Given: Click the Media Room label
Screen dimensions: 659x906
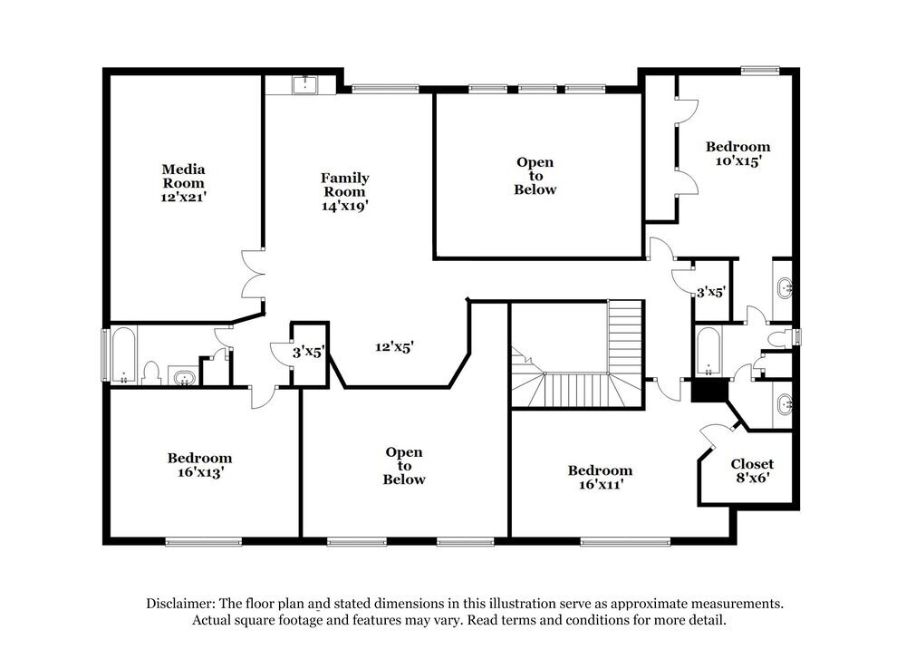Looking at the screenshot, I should [184, 182].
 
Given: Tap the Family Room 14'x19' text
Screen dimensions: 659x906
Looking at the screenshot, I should [345, 191].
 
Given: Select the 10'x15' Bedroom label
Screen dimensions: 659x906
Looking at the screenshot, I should [737, 153].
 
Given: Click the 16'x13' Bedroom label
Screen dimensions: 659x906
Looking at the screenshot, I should [199, 465].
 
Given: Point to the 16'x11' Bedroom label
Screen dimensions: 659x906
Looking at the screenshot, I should [600, 477].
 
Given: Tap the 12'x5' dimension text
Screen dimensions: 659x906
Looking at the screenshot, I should [395, 346].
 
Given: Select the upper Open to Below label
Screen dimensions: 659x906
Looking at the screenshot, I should [535, 176].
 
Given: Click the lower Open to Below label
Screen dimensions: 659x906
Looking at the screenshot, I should [404, 465].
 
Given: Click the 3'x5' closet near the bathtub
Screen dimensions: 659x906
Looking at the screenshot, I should [710, 292].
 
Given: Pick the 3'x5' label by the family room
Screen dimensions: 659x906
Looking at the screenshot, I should [307, 352].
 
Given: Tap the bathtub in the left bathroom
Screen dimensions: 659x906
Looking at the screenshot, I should [123, 355].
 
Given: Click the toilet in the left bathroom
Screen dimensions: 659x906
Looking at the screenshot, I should [152, 373].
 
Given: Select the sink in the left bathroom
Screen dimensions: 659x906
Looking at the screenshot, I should [185, 376].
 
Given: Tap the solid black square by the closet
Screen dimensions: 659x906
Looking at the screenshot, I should [709, 391].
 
